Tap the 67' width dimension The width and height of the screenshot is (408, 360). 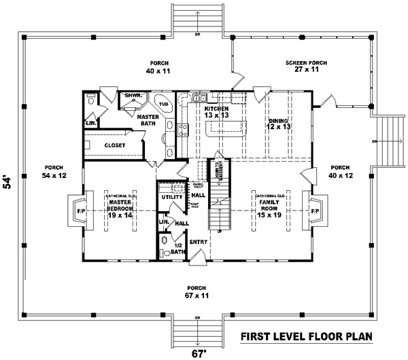[198, 353]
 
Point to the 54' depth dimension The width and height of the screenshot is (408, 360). [8, 181]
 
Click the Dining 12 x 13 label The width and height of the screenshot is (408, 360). [279, 124]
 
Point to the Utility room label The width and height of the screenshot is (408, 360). [172, 197]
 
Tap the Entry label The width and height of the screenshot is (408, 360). [199, 241]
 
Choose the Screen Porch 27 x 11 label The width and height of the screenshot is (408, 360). [307, 66]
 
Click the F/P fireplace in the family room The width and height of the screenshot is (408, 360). [315, 212]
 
